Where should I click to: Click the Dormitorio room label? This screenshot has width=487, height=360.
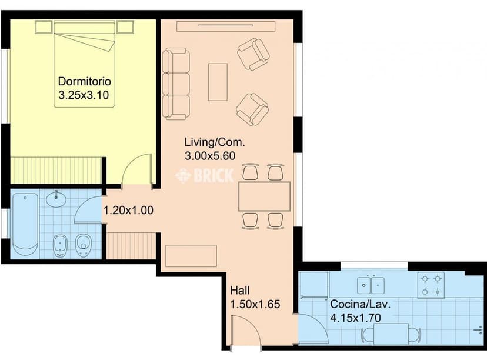(85, 81)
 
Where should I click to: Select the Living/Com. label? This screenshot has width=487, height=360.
(214, 142)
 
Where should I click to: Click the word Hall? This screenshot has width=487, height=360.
(240, 291)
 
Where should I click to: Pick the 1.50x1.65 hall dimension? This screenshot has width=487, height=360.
(254, 305)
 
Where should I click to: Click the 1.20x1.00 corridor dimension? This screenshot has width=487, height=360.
(129, 209)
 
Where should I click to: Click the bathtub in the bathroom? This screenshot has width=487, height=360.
(25, 224)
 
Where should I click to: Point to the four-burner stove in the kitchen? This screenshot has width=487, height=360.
(431, 285)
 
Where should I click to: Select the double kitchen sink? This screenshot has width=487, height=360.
(371, 285)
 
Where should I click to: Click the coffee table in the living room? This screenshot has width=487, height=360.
(218, 82)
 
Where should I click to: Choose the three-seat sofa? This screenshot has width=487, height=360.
(176, 85)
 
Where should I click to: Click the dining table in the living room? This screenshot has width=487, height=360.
(265, 196)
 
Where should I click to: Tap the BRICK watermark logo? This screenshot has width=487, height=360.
(205, 175)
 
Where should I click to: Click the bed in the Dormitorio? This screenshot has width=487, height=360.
(85, 64)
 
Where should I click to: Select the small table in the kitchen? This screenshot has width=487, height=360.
(391, 334)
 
